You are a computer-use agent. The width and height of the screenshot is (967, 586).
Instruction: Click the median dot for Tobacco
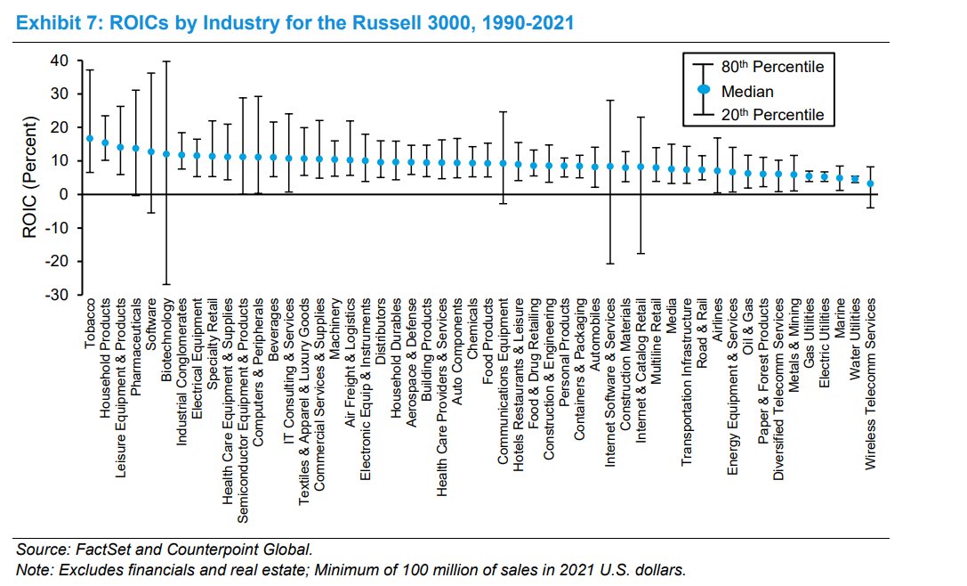pos(90,139)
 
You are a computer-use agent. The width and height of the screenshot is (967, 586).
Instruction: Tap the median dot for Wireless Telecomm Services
pos(872,184)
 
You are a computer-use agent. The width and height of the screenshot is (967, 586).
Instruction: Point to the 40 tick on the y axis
pos(59,61)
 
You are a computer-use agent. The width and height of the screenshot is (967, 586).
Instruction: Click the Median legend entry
pos(746,91)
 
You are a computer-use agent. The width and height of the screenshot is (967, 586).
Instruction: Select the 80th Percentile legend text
pos(771,67)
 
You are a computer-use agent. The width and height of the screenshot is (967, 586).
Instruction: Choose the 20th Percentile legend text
pos(771,114)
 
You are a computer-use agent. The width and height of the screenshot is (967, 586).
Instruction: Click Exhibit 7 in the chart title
pos(56,22)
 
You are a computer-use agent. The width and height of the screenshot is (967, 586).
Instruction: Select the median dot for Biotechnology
pos(166,154)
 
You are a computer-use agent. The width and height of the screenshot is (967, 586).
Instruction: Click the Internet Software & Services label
pos(610,383)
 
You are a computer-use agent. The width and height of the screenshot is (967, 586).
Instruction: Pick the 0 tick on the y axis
pos(64,195)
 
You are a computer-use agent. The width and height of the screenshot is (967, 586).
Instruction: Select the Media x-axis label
pos(672,318)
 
